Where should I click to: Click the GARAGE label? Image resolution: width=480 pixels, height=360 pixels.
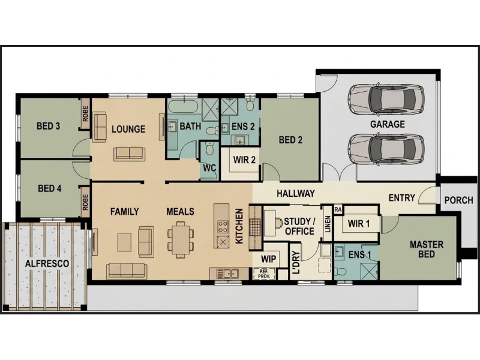pos(387,124)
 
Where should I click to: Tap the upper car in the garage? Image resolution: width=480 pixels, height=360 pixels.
pos(386,98)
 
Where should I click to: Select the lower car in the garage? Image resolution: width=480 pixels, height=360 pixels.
pos(386,149)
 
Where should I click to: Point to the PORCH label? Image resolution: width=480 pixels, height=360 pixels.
pos(458,200)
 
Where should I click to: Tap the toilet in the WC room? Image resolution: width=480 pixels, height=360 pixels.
pos(210,148)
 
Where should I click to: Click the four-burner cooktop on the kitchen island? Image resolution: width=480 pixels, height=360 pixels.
pos(223,227)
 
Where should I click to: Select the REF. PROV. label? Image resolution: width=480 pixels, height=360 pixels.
pos(264,274)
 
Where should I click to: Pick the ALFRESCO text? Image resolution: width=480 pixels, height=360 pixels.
pos(47,263)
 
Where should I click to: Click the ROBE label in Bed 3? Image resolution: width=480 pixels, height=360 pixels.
pos(85,113)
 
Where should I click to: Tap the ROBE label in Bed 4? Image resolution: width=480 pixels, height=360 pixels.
pos(85,202)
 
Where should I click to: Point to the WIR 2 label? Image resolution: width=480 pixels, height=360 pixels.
pos(244,160)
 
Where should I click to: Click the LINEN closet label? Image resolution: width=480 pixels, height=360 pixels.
pos(328,224)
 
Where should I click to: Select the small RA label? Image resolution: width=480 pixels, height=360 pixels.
pos(338,209)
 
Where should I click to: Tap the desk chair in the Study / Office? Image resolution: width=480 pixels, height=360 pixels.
pos(278,223)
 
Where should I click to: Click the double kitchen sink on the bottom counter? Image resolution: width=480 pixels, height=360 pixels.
pos(227,273)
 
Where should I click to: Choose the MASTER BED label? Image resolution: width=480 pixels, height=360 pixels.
pos(427,249)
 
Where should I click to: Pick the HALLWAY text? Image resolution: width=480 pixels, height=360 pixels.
pos(296,193)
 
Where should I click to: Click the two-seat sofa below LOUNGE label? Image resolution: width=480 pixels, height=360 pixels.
pos(129,154)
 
